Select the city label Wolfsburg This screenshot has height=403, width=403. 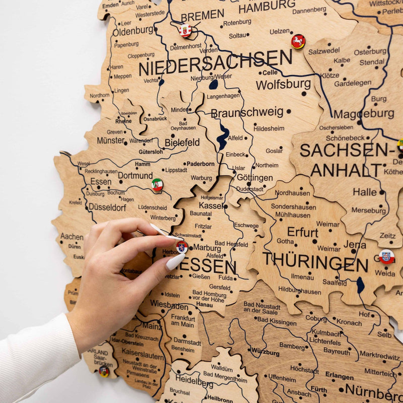click(x=283, y=84)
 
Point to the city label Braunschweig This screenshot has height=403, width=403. click(x=247, y=112)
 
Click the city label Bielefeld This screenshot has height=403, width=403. click(x=182, y=143)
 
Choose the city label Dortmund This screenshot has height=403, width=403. click(x=135, y=176)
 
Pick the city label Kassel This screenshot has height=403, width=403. click(x=211, y=206)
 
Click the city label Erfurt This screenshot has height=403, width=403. click(x=302, y=232)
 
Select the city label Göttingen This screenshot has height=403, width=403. click(x=254, y=178)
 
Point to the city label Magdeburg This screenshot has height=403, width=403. click(x=364, y=114)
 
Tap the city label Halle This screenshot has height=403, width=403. click(x=365, y=192)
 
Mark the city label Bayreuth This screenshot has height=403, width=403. click(x=337, y=351)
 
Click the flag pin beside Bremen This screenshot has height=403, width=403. click(x=185, y=31)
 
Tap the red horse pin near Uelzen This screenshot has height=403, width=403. click(x=298, y=41)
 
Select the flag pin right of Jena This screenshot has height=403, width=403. click(x=386, y=256)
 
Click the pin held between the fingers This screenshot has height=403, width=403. click(x=182, y=247)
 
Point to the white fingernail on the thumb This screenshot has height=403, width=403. click(x=175, y=261)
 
